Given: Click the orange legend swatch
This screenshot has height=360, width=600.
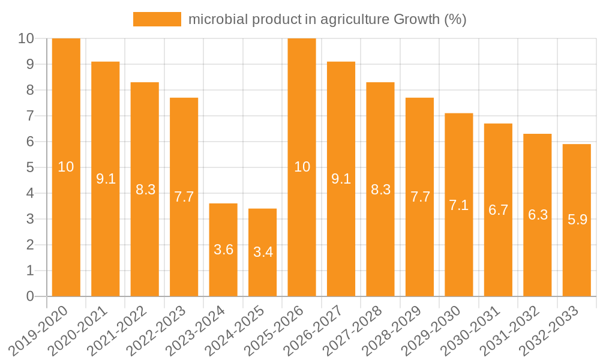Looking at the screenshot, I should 157,19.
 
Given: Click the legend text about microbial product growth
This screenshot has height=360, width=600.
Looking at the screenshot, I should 327,19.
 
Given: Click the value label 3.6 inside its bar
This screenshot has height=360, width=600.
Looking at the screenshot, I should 223,250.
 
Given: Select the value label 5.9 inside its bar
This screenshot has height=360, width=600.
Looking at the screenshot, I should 577,220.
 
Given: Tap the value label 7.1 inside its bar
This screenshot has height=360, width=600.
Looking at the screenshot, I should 459,205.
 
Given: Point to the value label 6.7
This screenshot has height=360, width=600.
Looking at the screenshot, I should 498,210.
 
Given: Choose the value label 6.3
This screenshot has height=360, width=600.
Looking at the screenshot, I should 538,215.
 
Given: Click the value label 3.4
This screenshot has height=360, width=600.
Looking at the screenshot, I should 263,252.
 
